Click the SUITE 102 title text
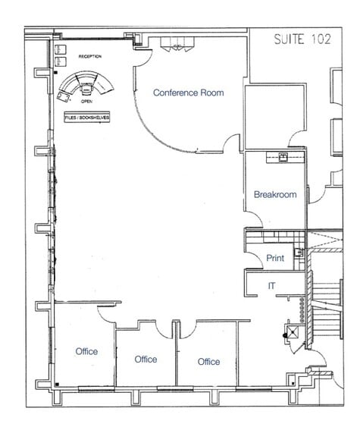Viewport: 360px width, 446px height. point(302,39)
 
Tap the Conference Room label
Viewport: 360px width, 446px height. point(189,93)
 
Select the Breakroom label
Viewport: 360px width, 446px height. point(274,194)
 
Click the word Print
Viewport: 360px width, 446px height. point(275,259)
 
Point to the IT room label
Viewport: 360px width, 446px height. point(271,285)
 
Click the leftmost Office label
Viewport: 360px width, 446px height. point(86,351)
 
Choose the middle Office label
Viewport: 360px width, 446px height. point(146,359)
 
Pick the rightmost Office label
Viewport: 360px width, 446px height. point(208,362)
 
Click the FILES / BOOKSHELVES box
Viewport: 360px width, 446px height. point(87,118)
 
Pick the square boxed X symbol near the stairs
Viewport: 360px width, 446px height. point(289,332)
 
